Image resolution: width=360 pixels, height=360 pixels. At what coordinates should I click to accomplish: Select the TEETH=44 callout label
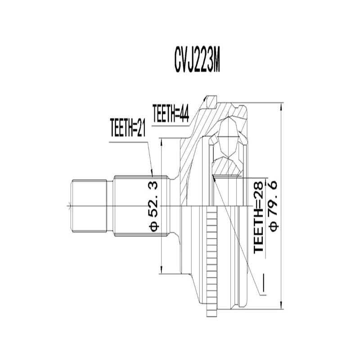point(170,112)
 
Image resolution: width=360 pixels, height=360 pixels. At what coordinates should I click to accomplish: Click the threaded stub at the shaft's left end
point(90,206)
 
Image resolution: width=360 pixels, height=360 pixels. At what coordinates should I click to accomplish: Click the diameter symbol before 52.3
point(154,225)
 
